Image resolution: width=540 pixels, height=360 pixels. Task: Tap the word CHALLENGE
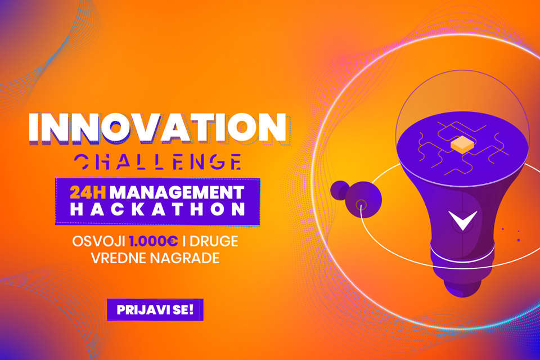pos(157,161)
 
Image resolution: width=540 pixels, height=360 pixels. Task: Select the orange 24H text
pos(88,192)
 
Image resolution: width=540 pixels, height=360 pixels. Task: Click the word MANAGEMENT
pos(177,192)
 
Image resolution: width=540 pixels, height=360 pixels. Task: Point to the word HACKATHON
pos(157,209)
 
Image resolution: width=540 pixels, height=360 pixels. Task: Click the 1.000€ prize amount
pos(154,241)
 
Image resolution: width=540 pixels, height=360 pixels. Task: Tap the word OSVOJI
pos(98,241)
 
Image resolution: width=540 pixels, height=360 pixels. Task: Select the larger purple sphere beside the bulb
pos(363,200)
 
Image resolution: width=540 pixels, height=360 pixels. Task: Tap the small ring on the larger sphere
pos(361,205)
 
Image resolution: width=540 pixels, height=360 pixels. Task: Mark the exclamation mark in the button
pos(191,309)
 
